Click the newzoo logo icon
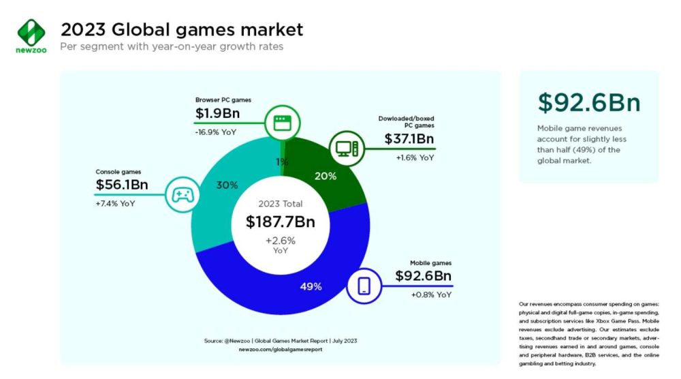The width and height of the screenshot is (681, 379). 31,32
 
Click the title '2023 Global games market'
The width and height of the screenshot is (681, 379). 182,29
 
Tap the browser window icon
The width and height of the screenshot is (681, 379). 281,123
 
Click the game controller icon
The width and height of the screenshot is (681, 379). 180,195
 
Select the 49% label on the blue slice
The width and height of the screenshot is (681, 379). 311,286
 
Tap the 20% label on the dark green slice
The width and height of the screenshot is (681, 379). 326,176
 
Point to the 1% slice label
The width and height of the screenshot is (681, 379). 282,162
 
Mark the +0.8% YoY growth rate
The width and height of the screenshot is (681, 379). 431,294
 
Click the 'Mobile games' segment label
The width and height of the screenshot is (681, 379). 430,262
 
